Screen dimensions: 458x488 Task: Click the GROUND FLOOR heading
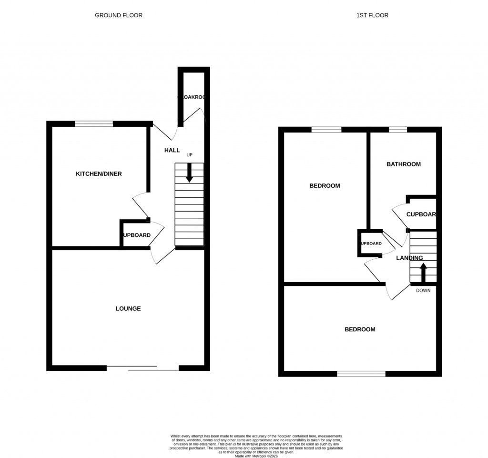119,15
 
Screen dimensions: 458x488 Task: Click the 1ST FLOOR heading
372,15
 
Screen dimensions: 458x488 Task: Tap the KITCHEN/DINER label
99,174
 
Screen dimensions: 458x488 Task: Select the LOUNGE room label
128,309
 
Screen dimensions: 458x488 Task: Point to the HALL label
172,151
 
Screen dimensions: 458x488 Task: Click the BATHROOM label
403,164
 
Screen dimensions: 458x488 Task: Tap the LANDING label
409,258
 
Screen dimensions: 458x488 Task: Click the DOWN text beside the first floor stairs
423,291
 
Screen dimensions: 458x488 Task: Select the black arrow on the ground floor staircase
189,173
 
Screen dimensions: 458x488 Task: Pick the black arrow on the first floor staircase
423,274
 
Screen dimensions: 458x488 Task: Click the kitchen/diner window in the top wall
94,124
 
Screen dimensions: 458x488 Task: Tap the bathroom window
398,130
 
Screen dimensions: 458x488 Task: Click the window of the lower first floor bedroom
361,374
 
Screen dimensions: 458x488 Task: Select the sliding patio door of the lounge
142,367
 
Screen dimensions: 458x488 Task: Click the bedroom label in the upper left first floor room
325,186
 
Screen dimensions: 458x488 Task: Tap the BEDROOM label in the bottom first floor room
360,330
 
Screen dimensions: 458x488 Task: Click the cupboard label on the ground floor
137,235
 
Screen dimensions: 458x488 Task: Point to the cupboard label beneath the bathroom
421,214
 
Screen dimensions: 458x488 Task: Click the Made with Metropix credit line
256,456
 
